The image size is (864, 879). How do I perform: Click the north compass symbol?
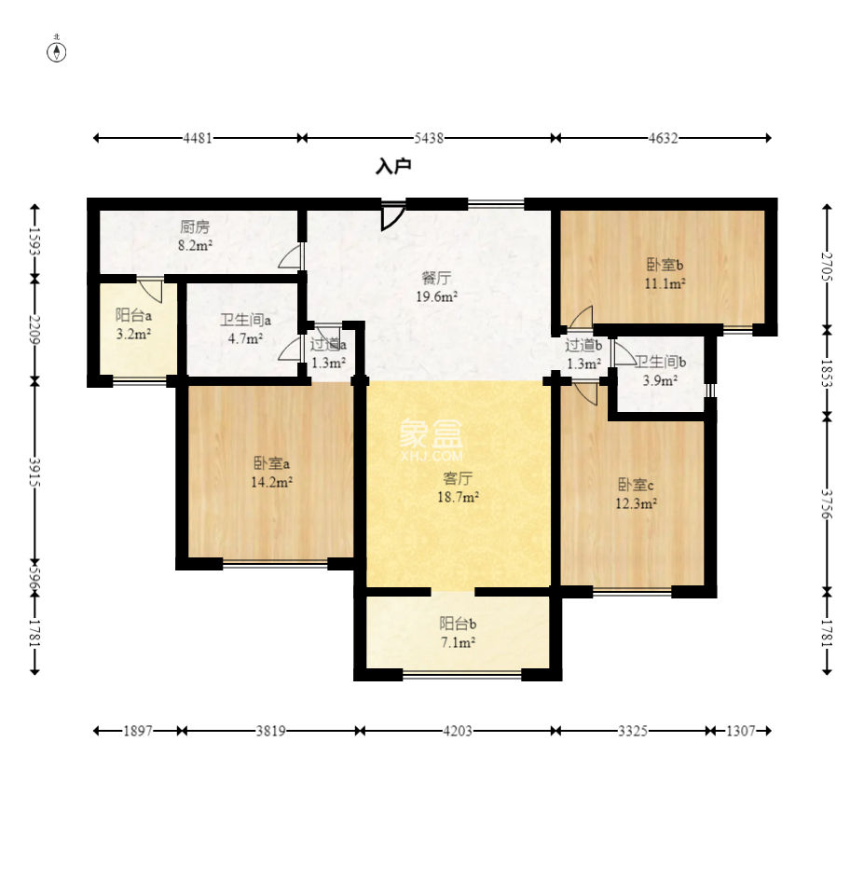coord(57,50)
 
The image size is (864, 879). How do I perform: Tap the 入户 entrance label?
coord(393,167)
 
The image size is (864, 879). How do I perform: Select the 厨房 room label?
coord(195,227)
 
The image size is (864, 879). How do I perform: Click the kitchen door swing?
coord(291,255)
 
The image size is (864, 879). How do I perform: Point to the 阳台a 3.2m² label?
coord(133,324)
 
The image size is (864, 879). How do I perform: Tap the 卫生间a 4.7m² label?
coord(245,329)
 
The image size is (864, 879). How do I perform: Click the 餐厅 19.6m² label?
coord(436,287)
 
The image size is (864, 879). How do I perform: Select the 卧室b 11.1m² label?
coord(665,273)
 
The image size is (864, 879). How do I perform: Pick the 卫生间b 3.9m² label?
coord(660,371)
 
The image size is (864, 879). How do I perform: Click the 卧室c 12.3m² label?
coord(636,493)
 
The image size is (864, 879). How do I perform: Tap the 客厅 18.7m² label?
coord(458,488)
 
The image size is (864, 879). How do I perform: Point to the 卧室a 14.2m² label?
coord(271,473)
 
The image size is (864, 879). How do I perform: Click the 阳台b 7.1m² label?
coord(458,633)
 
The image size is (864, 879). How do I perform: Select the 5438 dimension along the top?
coord(429,138)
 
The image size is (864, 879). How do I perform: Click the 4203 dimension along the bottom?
coord(458,731)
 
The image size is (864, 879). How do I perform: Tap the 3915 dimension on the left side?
coord(34,472)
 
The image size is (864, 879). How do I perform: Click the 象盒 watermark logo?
coord(432,440)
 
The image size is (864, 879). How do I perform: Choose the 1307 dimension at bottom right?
coord(741,731)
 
